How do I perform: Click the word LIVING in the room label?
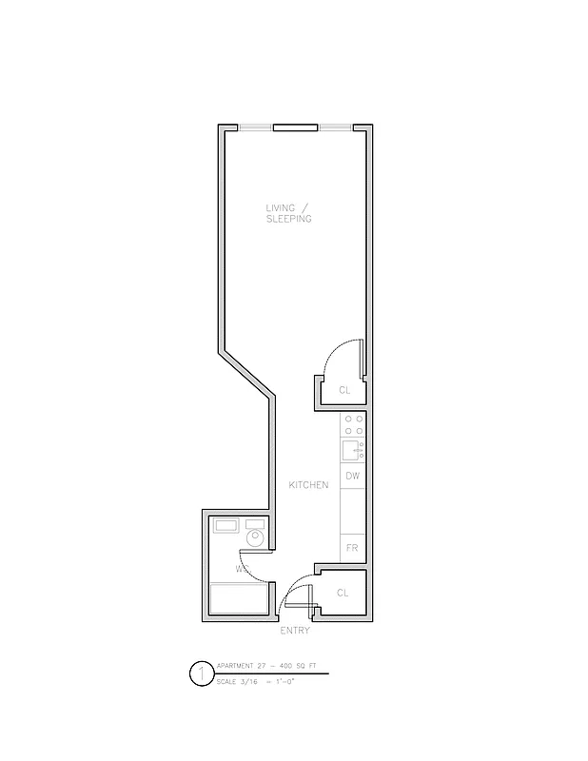tap(282, 207)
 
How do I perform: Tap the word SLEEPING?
tap(289, 219)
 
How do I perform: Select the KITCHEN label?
tap(309, 485)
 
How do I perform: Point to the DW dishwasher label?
tap(352, 475)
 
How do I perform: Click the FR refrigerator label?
tap(352, 548)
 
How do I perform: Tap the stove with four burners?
tap(353, 424)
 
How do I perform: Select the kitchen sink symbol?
tap(351, 450)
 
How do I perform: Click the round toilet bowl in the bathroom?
tap(254, 539)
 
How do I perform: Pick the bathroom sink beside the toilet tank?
tap(225, 524)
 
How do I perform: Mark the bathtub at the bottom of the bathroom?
tap(237, 599)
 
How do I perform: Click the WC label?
tap(243, 569)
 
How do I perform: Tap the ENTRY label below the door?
tap(295, 631)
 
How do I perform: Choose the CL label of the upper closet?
tap(344, 390)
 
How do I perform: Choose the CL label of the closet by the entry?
tap(343, 594)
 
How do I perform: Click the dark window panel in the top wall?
tap(295, 127)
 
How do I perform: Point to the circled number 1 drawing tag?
tap(201, 674)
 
